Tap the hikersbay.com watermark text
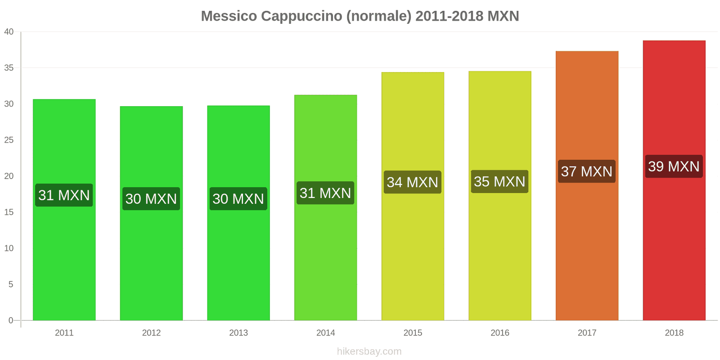pos(369,351)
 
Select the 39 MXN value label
pos(674,166)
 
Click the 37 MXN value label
pos(586,171)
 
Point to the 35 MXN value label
pos(499,181)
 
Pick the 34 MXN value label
pos(412,182)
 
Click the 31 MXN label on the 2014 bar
pos(325,193)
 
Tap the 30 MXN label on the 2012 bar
pos(151,199)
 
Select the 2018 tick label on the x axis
pos(674,333)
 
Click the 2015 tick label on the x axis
pos(413,333)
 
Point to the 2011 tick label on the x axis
pos(64,333)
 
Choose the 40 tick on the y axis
pos(9,32)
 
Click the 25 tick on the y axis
pos(9,140)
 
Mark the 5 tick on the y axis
pos(11,284)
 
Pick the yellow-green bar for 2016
pos(499,252)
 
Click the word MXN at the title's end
pos(503,16)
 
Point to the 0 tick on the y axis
pos(11,320)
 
